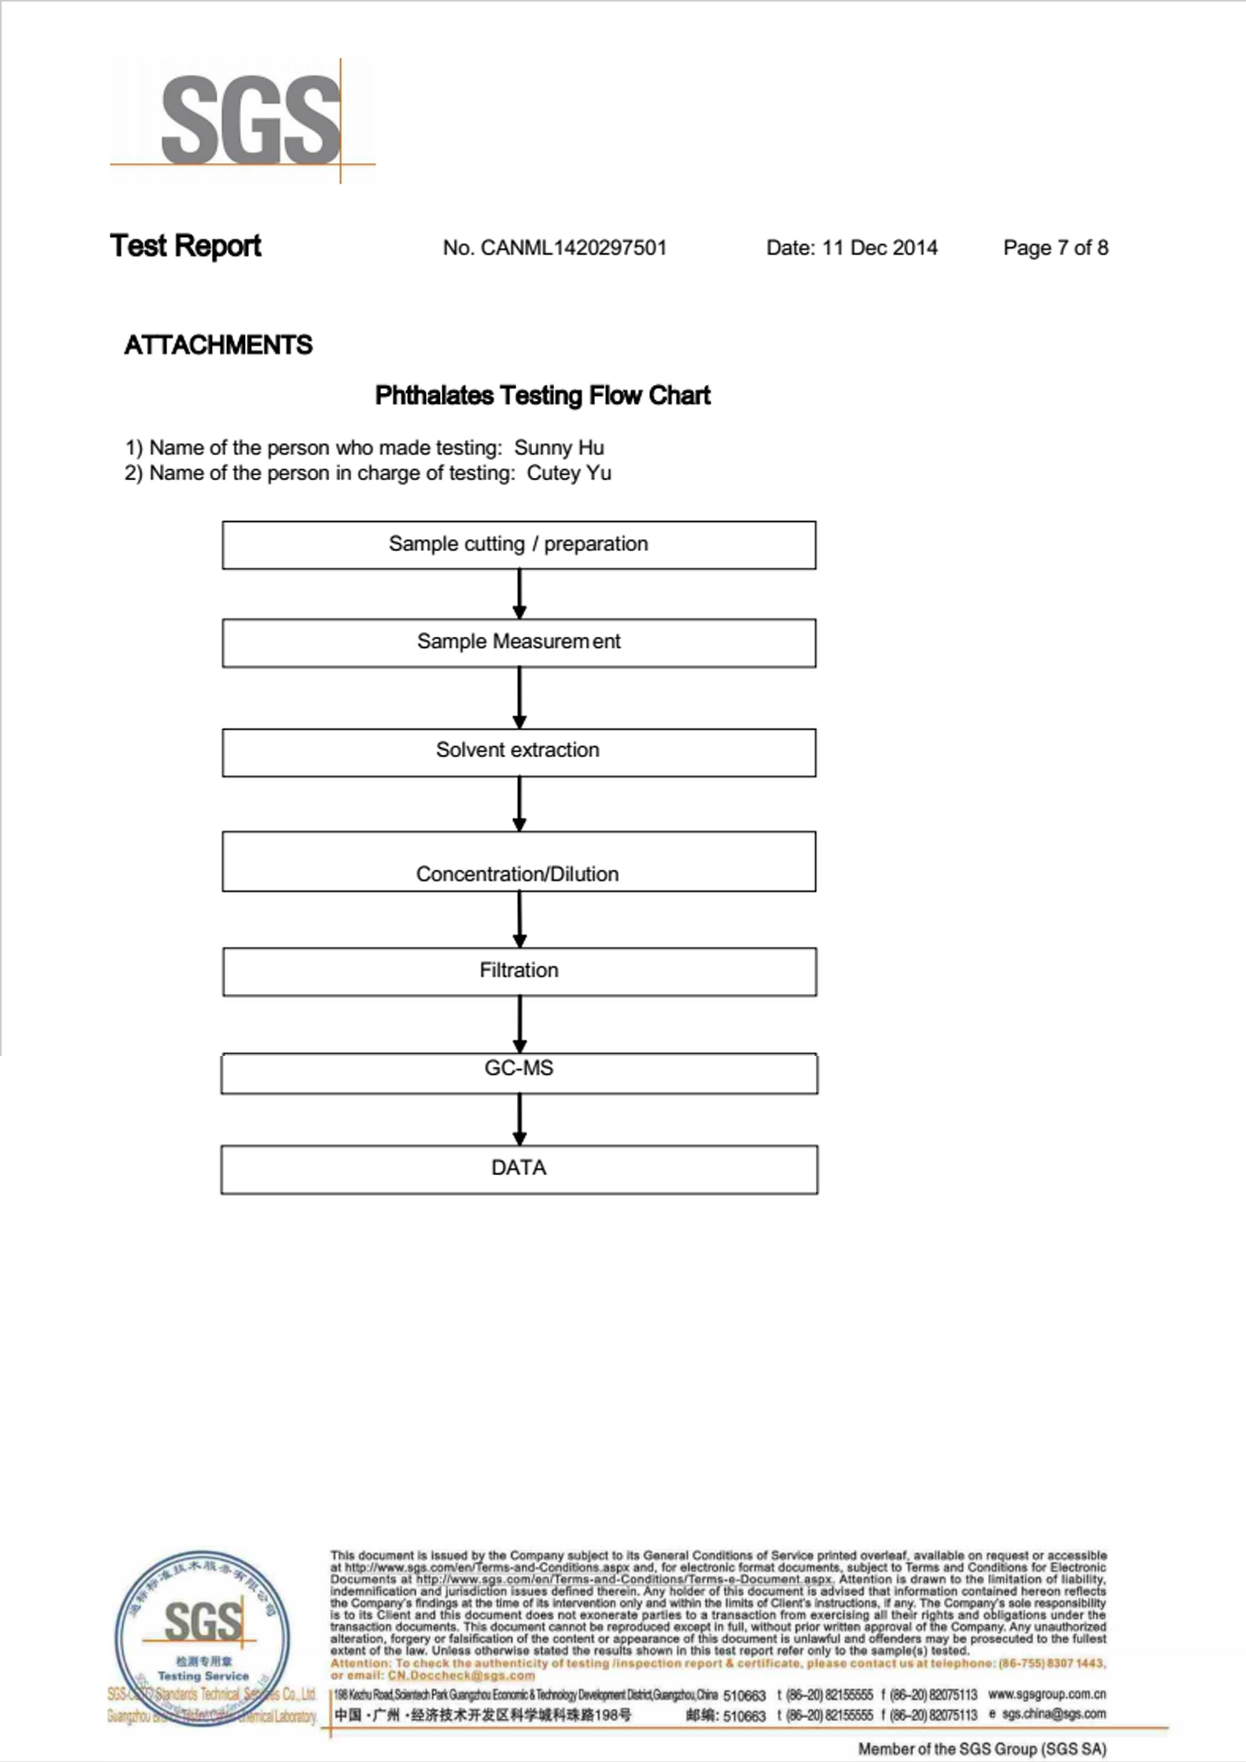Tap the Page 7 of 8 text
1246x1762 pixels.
pos(1055,248)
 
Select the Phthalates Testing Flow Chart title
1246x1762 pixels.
pos(542,395)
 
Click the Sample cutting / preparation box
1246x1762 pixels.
pos(519,545)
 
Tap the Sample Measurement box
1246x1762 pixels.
pos(519,642)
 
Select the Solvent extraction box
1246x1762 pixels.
pos(519,752)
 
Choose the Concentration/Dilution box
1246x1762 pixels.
pos(519,861)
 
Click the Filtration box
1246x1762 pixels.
pos(519,972)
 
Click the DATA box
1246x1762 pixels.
pos(519,1169)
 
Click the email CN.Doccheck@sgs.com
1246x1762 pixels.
pos(461,1676)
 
